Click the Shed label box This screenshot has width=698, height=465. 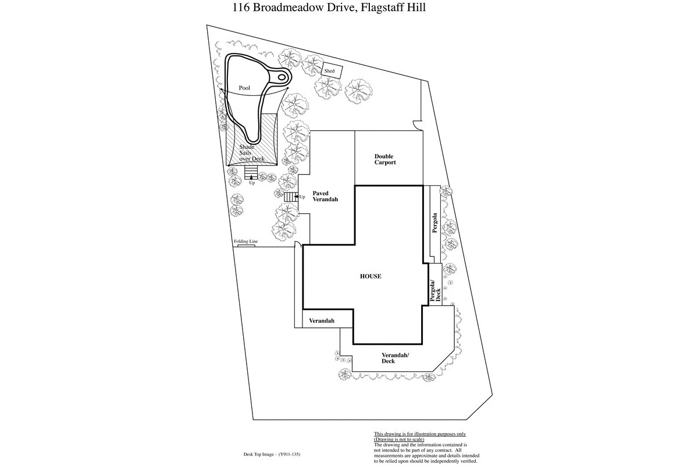332,71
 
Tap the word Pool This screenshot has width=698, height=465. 245,88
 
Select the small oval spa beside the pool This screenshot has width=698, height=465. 282,77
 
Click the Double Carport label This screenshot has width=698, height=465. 385,159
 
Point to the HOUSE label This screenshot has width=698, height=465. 371,276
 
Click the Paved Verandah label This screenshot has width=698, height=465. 325,196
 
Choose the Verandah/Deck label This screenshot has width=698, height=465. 395,358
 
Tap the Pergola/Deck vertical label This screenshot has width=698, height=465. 435,290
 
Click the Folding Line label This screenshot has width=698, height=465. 246,241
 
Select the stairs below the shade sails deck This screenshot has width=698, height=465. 251,173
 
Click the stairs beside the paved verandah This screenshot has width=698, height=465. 290,197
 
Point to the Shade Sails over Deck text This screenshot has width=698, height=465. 252,153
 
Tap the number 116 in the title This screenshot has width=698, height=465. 241,8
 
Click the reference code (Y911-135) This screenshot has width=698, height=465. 289,455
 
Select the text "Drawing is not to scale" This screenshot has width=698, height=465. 399,439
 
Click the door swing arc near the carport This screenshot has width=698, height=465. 416,126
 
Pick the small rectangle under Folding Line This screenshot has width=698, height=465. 247,246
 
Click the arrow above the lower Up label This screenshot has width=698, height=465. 251,177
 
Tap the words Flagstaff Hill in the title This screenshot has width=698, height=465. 393,8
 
